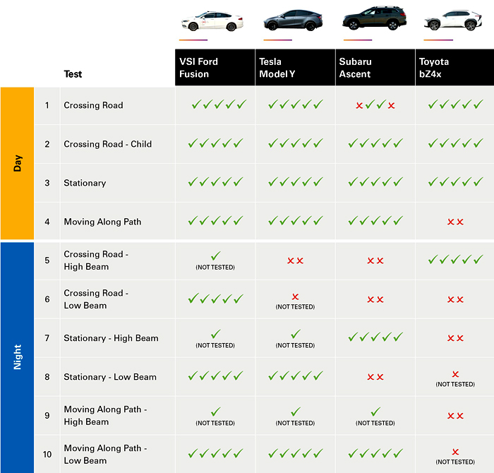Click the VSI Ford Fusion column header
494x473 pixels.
(x=215, y=68)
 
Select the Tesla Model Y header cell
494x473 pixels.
(x=296, y=68)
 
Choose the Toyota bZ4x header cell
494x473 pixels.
(x=454, y=68)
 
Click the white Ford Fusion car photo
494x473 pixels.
(x=212, y=20)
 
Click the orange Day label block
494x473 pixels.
(x=17, y=163)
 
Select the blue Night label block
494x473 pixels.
(x=17, y=357)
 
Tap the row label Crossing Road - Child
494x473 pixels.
(x=107, y=144)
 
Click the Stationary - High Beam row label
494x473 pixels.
(x=111, y=338)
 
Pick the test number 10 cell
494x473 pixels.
(x=47, y=454)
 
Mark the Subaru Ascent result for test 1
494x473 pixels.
(x=375, y=105)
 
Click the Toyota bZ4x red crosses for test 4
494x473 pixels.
(x=455, y=222)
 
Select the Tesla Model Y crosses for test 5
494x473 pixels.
(x=295, y=261)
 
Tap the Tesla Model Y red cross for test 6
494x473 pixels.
(x=295, y=297)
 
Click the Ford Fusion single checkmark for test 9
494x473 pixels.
(x=215, y=411)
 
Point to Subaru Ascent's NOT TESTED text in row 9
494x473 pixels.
(x=375, y=424)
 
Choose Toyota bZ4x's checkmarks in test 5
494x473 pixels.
(x=455, y=260)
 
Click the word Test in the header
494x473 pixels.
(x=73, y=74)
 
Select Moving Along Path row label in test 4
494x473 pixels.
(x=102, y=222)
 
